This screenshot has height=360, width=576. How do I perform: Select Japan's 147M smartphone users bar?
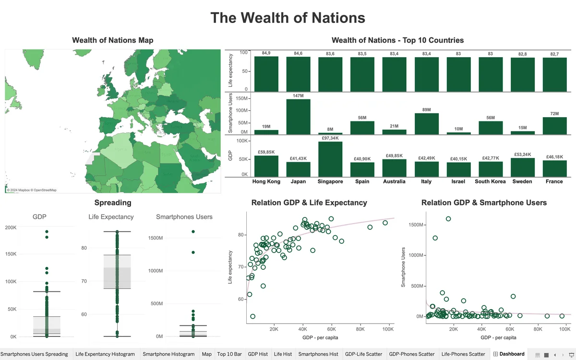298,117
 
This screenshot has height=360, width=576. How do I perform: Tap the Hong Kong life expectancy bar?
266,74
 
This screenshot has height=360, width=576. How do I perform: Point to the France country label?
554,181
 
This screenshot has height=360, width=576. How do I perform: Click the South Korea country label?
490,181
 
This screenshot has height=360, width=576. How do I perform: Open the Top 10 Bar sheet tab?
229,354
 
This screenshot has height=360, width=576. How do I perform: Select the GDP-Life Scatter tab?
363,354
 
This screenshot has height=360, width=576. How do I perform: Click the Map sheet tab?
206,354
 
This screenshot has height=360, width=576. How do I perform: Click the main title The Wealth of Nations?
288,18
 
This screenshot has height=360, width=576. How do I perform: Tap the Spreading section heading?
113,203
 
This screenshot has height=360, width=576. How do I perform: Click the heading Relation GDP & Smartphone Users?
484,203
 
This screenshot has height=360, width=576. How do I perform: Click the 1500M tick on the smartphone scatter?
413,225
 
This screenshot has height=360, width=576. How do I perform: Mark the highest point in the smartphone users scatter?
448,219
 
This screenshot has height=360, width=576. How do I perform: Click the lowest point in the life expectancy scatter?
253,316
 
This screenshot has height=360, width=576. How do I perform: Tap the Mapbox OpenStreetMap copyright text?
32,190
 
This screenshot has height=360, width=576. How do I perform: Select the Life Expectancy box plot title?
111,217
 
